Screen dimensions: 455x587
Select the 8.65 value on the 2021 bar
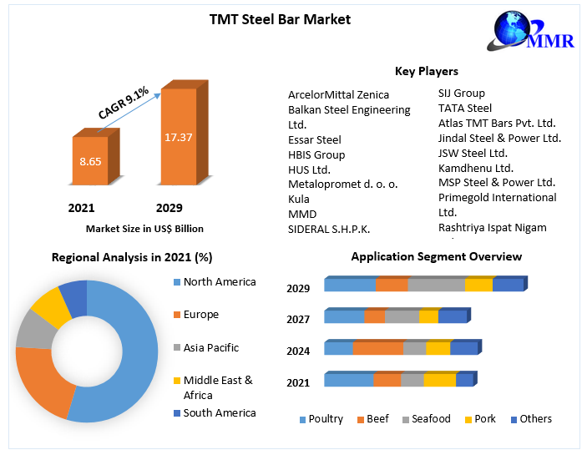(x=90, y=160)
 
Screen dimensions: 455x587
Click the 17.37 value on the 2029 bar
(x=179, y=136)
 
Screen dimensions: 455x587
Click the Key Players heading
(x=426, y=71)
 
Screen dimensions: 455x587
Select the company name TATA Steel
(x=465, y=108)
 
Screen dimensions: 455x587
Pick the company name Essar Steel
(x=315, y=139)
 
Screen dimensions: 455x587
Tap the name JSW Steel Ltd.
(x=473, y=153)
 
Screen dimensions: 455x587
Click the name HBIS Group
(x=316, y=154)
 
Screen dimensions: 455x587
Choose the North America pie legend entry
(x=219, y=282)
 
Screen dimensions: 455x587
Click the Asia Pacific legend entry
(x=210, y=347)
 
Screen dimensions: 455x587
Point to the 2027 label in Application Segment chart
(x=298, y=319)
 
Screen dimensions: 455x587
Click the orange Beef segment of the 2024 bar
(x=378, y=348)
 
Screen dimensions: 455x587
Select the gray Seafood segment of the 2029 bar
(x=436, y=285)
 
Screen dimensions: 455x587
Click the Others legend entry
(x=535, y=419)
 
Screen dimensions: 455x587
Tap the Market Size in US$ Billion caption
(x=144, y=228)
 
